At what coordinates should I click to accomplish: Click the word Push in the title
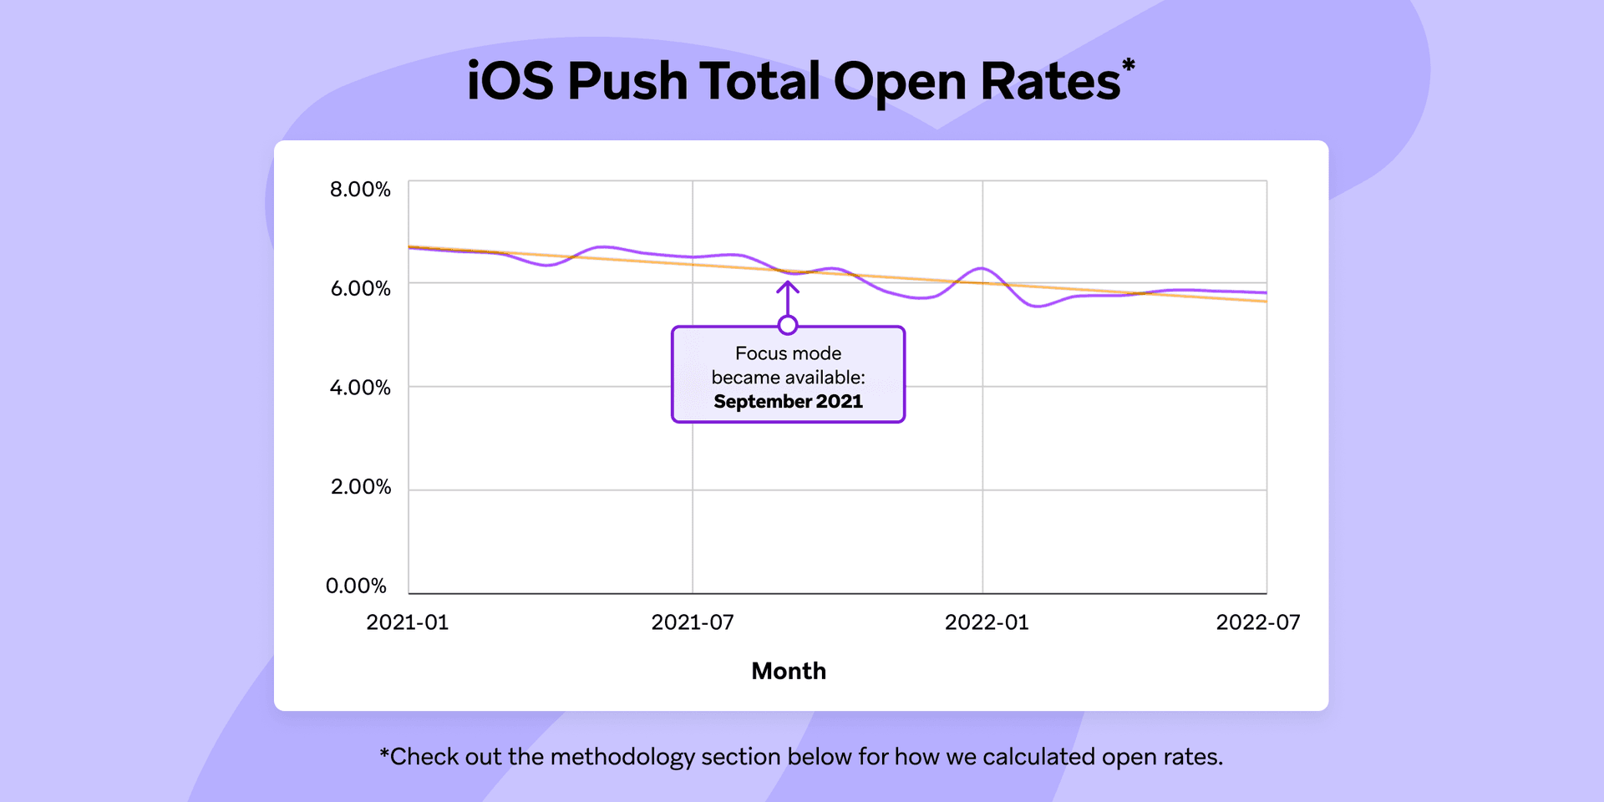pos(627,82)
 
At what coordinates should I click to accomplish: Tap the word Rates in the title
pos(1049,82)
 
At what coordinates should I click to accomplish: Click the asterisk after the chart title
pos(1128,65)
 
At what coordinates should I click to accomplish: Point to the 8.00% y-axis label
pos(360,190)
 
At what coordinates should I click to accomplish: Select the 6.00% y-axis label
pos(360,289)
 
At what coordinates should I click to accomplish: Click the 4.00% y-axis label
pos(360,388)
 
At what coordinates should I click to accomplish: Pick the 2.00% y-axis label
pos(360,487)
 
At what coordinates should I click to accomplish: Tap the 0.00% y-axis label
pos(356,586)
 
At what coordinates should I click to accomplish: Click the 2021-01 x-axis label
pos(408,622)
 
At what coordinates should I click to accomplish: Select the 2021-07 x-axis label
pos(693,622)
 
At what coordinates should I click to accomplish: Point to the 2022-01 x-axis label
pos(987,622)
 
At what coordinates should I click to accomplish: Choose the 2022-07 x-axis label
pos(1258,622)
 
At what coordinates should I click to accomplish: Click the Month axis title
pos(789,671)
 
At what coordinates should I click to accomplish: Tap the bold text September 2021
pos(788,402)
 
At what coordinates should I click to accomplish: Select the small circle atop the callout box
pos(787,325)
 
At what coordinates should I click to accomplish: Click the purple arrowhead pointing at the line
pos(787,287)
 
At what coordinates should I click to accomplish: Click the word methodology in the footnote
pos(622,757)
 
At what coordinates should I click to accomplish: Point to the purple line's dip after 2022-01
pos(1038,306)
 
